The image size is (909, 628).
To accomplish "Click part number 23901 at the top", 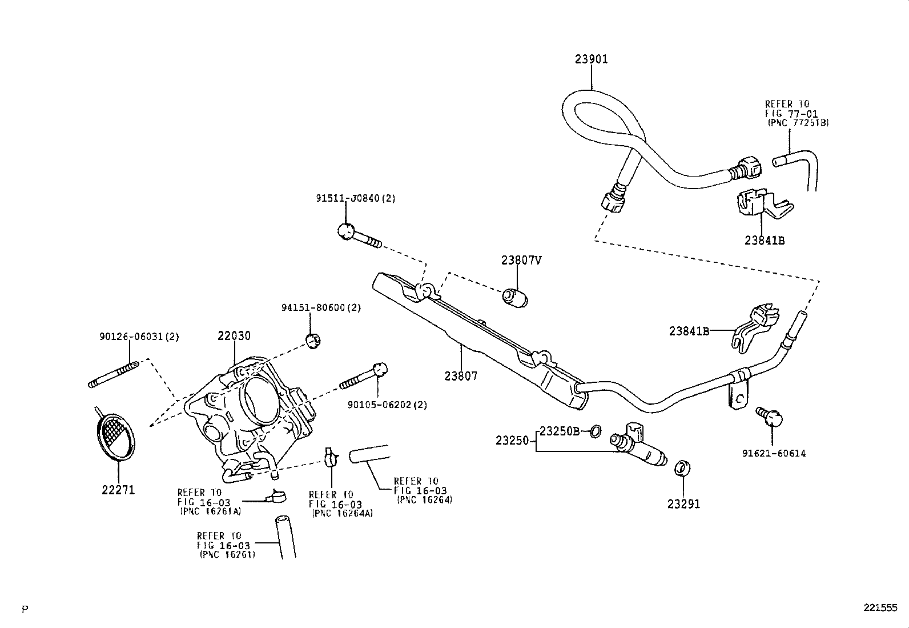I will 591,59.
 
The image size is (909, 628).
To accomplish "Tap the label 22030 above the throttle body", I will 234,336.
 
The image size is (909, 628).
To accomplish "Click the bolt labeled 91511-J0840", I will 359,235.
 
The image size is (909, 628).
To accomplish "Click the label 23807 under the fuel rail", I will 461,376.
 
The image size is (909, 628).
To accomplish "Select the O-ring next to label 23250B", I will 594,431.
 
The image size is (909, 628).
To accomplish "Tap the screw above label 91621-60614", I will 769,417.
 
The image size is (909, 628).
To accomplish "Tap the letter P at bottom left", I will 25,609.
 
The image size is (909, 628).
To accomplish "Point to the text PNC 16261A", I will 210,511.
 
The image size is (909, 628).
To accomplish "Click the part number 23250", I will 513,441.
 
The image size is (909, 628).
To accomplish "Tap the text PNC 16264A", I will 342,513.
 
